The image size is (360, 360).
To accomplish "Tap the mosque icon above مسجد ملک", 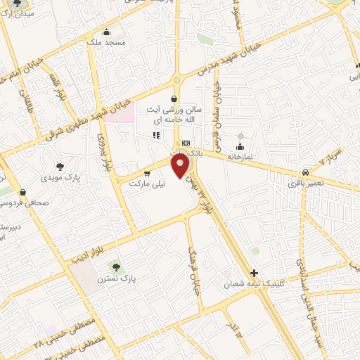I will point(106,31).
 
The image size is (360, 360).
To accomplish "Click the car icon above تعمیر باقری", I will point(305,172).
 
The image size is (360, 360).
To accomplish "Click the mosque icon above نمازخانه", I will point(240,147).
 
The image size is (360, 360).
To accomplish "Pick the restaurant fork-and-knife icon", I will point(157,135).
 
